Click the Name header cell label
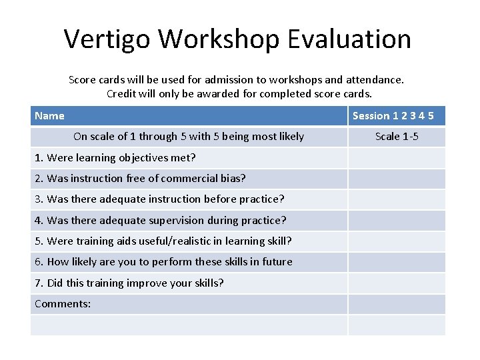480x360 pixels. pos(49,116)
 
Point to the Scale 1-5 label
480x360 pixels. pos(397,137)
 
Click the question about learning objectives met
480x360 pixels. pos(115,158)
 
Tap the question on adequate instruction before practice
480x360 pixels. pos(159,199)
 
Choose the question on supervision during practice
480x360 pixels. pos(160,220)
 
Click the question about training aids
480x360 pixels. pos(163,241)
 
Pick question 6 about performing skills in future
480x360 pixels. pos(163,262)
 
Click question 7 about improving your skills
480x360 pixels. pos(129,283)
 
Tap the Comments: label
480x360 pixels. pos(63,304)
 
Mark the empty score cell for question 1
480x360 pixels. pos(397,158)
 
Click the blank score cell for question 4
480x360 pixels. pos(397,220)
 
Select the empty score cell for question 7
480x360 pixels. pos(397,283)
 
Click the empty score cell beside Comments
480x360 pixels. pos(397,304)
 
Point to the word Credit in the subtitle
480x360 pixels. pos(123,93)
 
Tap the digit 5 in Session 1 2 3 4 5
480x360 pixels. pos(431,116)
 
